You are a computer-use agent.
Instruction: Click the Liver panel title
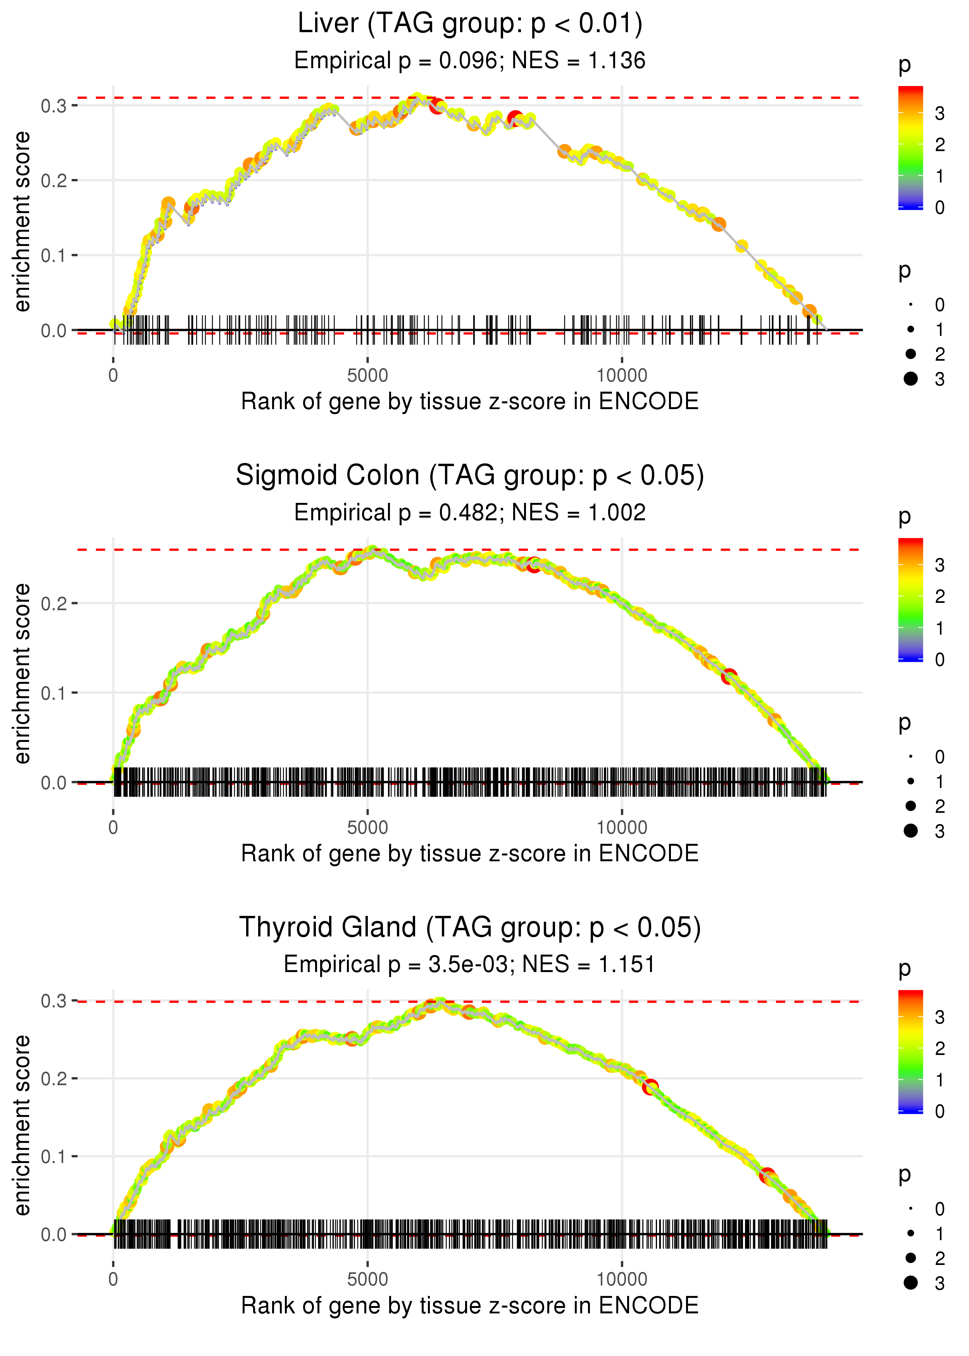[470, 24]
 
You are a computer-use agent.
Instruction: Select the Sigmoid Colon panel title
[470, 476]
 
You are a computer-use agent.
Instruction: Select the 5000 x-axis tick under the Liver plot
[367, 376]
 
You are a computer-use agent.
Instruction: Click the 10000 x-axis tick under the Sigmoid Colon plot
[622, 828]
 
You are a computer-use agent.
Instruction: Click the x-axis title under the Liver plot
[470, 402]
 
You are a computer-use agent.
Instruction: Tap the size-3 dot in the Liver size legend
[910, 379]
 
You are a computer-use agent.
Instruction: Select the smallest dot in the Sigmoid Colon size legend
[910, 757]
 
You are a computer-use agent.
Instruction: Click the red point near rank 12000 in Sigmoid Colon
[729, 677]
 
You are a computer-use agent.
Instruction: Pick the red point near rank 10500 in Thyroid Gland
[650, 1086]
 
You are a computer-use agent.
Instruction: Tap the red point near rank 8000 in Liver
[515, 117]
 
